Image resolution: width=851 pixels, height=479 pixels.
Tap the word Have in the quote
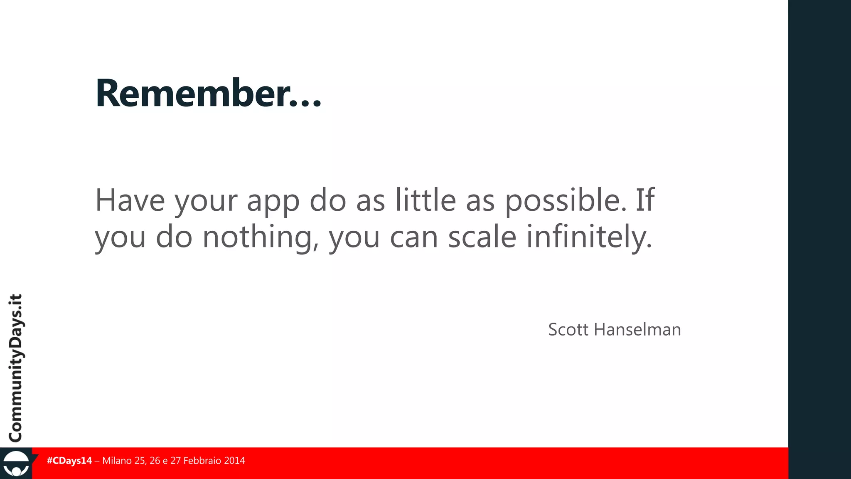coord(130,200)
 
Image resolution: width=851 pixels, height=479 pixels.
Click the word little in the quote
coord(425,200)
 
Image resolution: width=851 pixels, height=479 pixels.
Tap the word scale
coord(482,237)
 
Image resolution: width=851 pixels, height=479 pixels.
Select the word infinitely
coord(589,237)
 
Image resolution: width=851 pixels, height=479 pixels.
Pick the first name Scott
coord(568,330)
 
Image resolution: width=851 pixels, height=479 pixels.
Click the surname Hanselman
coord(637,330)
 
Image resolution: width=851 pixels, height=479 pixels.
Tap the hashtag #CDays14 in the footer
coord(69,461)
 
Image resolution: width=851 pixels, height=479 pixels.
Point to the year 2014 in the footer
coord(234,461)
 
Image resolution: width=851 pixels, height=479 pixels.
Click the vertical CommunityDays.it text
coord(16,368)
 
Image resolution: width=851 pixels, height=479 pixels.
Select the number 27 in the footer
coord(176,461)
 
